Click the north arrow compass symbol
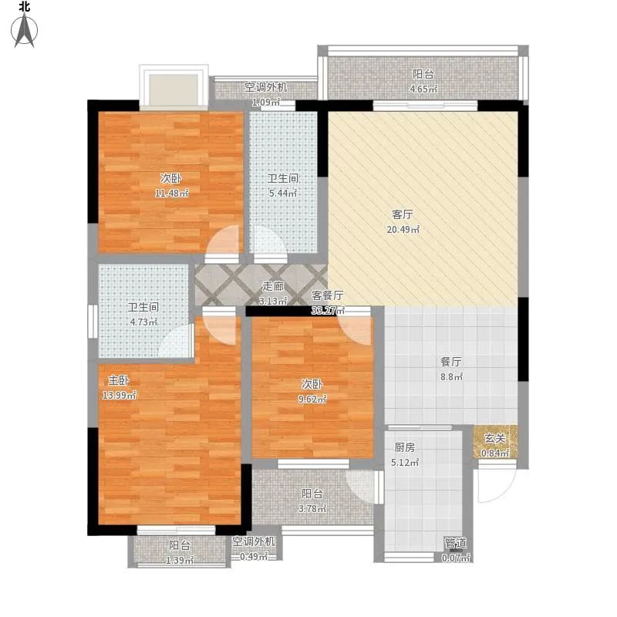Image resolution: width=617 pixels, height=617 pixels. pyautogui.click(x=25, y=30)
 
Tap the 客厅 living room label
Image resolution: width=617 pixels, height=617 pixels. pyautogui.click(x=403, y=214)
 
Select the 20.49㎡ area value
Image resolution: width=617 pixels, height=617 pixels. pyautogui.click(x=403, y=229)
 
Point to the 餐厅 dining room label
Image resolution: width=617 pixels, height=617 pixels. pyautogui.click(x=451, y=362)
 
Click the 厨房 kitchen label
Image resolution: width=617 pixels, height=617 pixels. pyautogui.click(x=404, y=447)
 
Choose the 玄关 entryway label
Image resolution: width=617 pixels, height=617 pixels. pyautogui.click(x=494, y=438)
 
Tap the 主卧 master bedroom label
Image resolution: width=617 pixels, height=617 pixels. pyautogui.click(x=119, y=380)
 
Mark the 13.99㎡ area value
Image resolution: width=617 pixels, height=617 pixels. pyautogui.click(x=120, y=395)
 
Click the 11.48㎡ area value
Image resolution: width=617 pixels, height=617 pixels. pyautogui.click(x=171, y=194)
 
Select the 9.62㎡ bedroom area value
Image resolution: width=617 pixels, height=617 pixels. pyautogui.click(x=312, y=399)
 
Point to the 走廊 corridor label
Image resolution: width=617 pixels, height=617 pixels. pyautogui.click(x=273, y=286)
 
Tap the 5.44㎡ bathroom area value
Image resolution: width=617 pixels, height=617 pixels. pyautogui.click(x=282, y=194)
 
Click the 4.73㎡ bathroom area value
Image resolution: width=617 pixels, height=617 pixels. pyautogui.click(x=143, y=322)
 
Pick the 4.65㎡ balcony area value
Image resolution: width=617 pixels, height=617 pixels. pyautogui.click(x=423, y=89)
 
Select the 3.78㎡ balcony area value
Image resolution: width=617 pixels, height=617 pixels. pyautogui.click(x=312, y=509)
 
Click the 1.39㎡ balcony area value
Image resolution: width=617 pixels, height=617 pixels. pyautogui.click(x=180, y=561)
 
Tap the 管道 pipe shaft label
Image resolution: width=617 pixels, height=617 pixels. pyautogui.click(x=455, y=544)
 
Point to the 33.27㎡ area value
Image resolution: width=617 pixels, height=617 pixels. pyautogui.click(x=328, y=311)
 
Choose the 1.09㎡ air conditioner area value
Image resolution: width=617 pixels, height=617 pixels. pyautogui.click(x=266, y=103)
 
